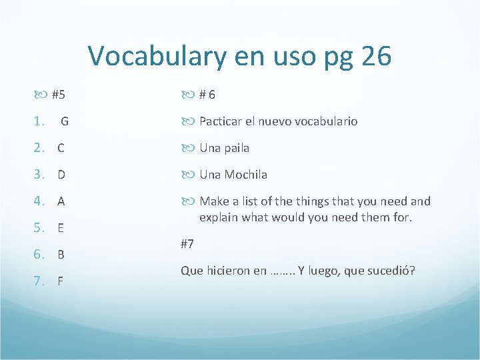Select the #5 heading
[58, 95]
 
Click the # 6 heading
[207, 95]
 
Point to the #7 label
[187, 243]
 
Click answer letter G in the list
[65, 121]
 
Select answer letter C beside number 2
[61, 148]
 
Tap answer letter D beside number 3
[61, 175]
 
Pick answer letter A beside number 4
[61, 201]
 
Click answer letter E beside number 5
[61, 228]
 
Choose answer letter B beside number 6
[61, 254]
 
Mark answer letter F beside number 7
[61, 281]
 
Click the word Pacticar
[221, 121]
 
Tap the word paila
[236, 148]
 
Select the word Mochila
[245, 175]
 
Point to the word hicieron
[227, 271]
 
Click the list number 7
[39, 281]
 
